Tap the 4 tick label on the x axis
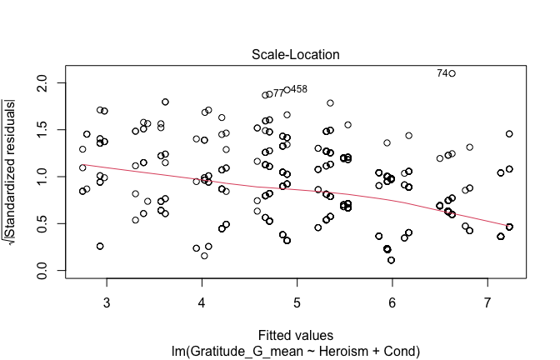[202, 301]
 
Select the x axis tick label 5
[297, 301]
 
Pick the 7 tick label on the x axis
[487, 301]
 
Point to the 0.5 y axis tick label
[50, 223]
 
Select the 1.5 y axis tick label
[50, 130]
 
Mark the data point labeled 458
[287, 90]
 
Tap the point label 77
[278, 93]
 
